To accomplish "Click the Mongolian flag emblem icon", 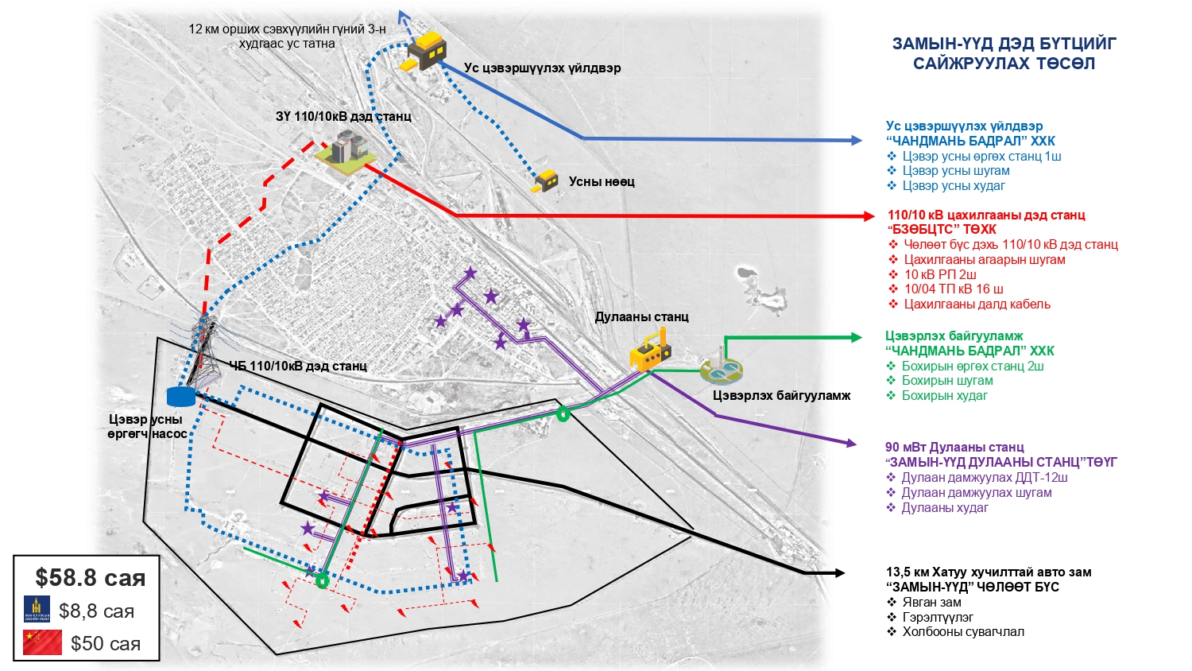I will tap(37, 609).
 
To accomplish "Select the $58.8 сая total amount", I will tap(90, 578).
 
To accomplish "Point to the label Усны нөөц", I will tap(602, 181).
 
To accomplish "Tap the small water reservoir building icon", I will tap(545, 181).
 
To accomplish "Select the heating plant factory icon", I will tap(650, 351).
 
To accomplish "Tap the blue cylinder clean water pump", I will tap(180, 395).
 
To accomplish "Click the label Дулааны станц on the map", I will tap(641, 316).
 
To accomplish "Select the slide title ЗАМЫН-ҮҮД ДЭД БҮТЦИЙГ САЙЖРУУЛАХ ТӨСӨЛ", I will tap(1004, 53).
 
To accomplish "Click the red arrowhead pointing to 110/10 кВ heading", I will tap(868, 216).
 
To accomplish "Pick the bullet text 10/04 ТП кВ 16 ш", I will tap(953, 289).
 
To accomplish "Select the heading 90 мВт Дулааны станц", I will tap(954, 448).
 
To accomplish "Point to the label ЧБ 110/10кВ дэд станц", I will tap(298, 366).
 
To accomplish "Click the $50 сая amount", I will tap(105, 643).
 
